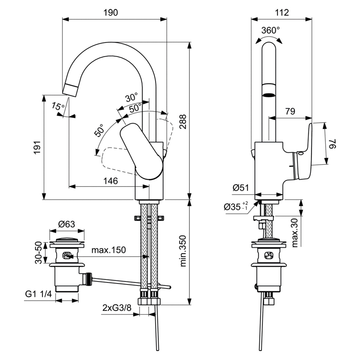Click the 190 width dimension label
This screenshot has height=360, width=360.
pyautogui.click(x=111, y=12)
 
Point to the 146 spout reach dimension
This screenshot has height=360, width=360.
pyautogui.click(x=111, y=181)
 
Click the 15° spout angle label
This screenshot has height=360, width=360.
pyautogui.click(x=58, y=106)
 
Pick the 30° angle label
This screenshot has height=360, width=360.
pyautogui.click(x=132, y=97)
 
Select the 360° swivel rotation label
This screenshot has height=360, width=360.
pyautogui.click(x=270, y=31)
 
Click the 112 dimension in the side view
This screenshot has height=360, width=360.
pyautogui.click(x=281, y=12)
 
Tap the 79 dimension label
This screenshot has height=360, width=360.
pyautogui.click(x=290, y=111)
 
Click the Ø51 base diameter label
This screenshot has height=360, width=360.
pyautogui.click(x=241, y=188)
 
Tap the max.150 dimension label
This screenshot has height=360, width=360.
pyautogui.click(x=109, y=250)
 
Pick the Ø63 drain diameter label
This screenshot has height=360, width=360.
pyautogui.click(x=67, y=224)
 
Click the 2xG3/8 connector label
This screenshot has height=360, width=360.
pyautogui.click(x=117, y=308)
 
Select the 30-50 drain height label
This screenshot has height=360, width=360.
pyautogui.click(x=38, y=253)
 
